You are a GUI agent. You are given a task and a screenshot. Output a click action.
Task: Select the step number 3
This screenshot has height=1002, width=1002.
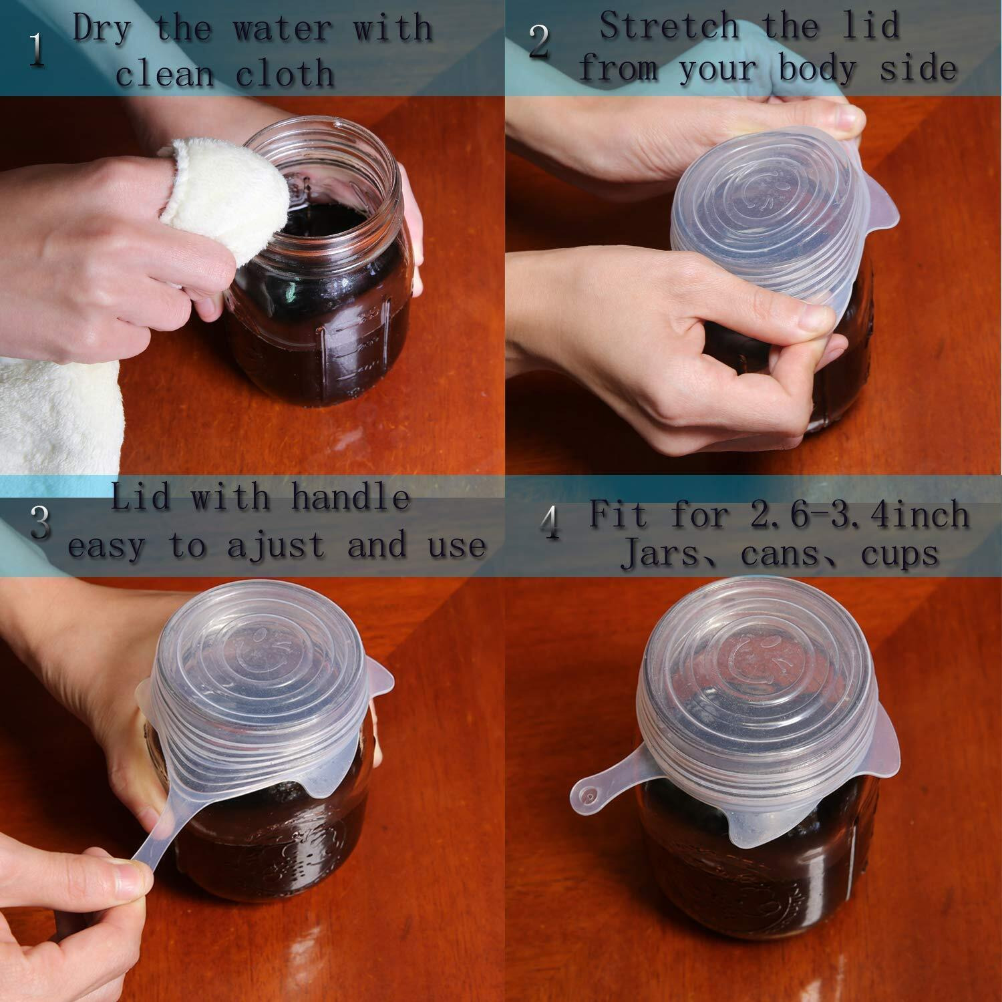pyautogui.click(x=41, y=523)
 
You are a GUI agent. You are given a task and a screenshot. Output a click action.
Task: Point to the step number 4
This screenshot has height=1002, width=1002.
pyautogui.click(x=550, y=523)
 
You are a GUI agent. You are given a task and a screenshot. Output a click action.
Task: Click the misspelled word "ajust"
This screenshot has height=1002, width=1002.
pyautogui.click(x=280, y=545)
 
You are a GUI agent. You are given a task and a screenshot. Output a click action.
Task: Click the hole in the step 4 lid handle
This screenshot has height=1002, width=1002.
pyautogui.click(x=590, y=796)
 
